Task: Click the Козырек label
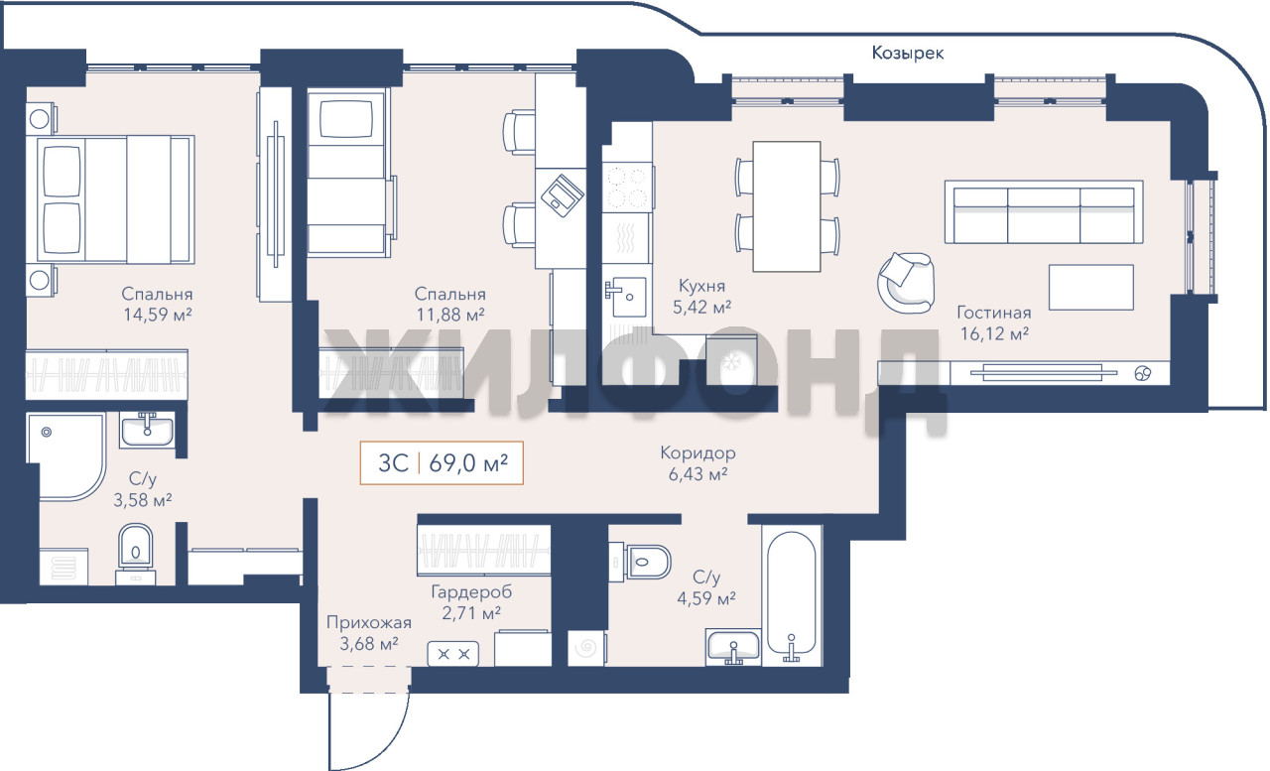point(907,53)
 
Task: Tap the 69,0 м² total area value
point(468,463)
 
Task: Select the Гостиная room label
point(993,313)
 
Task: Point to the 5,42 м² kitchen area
point(701,307)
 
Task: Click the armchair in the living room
point(906,283)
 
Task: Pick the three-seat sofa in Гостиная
point(1043,212)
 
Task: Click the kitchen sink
point(625,296)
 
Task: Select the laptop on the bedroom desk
point(562,195)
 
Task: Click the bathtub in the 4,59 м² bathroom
point(791,595)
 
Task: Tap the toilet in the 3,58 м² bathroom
point(136,553)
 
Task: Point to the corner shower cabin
point(65,456)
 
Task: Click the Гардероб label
point(471,591)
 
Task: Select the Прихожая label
point(368,622)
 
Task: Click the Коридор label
point(698,452)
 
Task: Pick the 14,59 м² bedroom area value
point(158,315)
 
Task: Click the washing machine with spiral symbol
point(586,647)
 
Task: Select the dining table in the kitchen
point(787,206)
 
